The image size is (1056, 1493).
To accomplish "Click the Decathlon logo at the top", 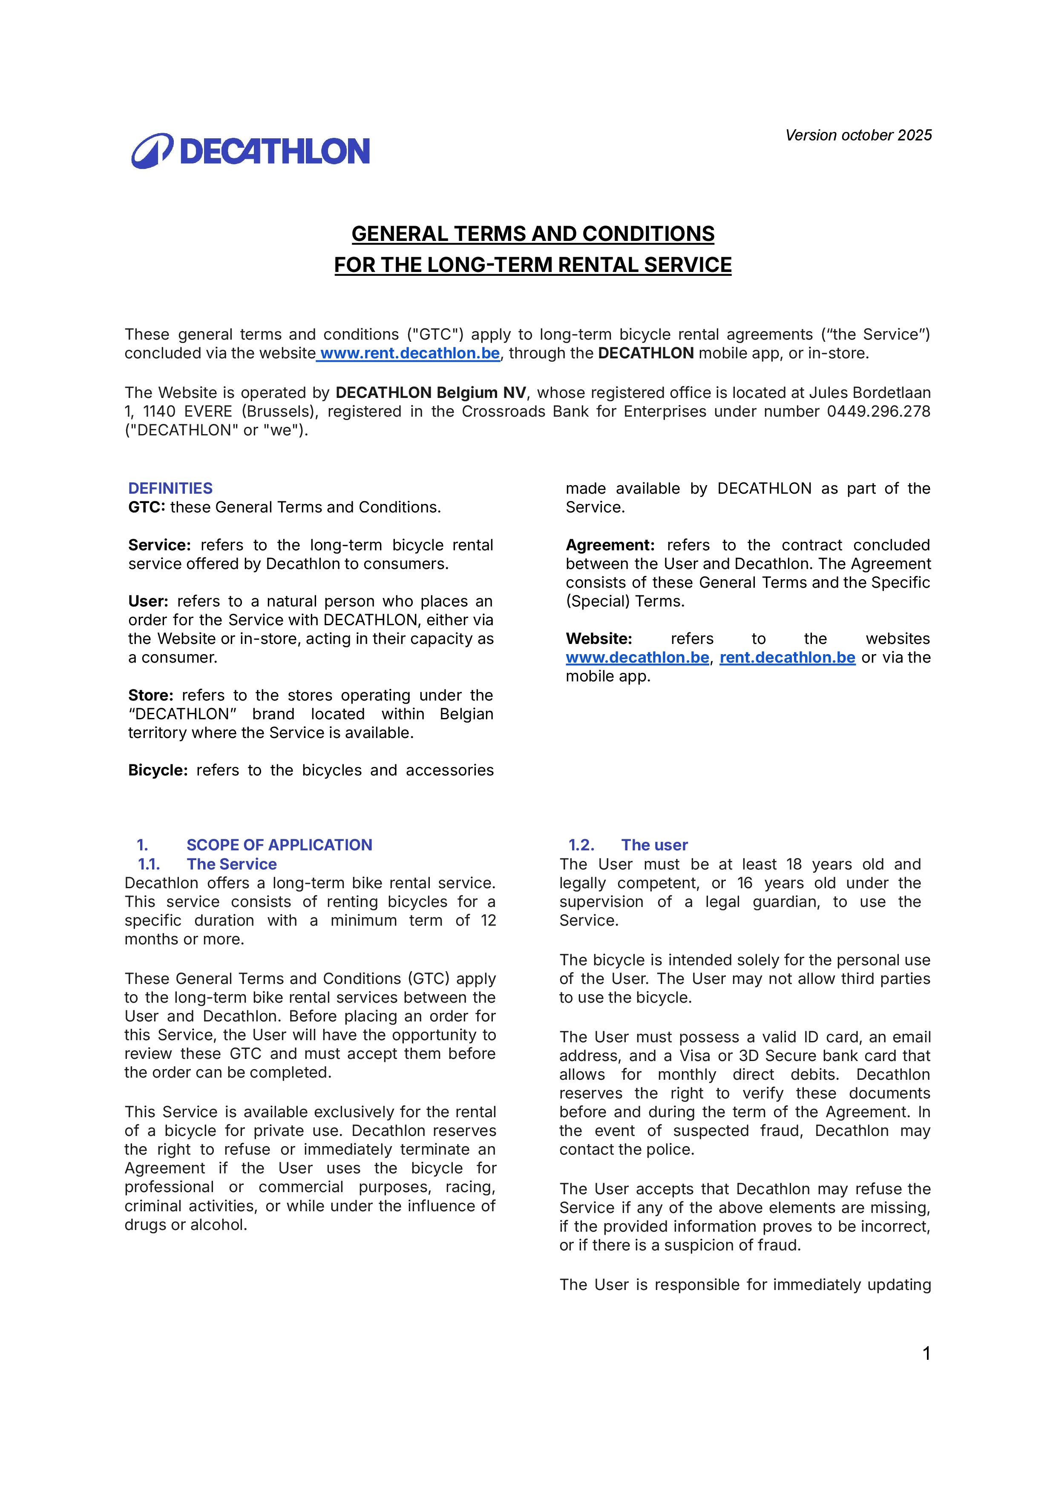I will (x=250, y=151).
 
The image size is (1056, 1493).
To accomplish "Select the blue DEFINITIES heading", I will (x=170, y=488).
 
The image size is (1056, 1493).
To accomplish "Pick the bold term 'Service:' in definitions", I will (x=159, y=545).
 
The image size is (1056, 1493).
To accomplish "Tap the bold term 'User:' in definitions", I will (x=148, y=601).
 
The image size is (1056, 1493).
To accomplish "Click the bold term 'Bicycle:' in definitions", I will (x=158, y=770).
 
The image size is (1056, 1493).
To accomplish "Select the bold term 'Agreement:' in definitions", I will (x=610, y=545).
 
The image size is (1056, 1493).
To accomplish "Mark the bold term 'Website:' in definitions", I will (x=598, y=638).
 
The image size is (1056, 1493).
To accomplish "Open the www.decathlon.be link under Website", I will (x=637, y=658).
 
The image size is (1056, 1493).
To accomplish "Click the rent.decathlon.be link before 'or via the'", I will (x=787, y=658).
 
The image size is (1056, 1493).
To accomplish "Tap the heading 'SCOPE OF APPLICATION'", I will (x=279, y=845).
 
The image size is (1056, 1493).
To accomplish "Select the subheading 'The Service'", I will (x=232, y=864).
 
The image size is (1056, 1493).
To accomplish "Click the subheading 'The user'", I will (x=654, y=845).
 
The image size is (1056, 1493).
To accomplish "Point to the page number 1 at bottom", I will (x=927, y=1354).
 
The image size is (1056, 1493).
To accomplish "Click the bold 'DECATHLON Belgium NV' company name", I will (x=431, y=393).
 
